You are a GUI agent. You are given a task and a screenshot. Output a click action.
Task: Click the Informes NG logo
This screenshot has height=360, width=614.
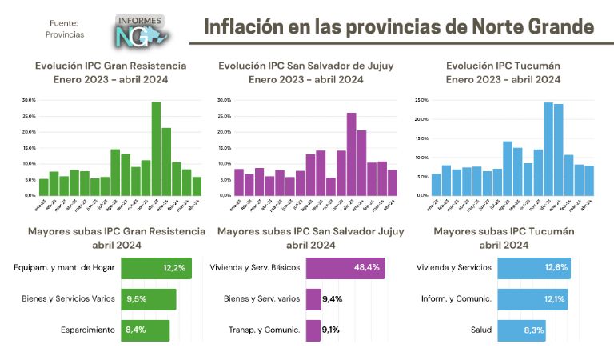141,30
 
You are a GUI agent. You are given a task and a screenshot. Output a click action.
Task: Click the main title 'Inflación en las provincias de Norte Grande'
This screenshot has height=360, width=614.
399,27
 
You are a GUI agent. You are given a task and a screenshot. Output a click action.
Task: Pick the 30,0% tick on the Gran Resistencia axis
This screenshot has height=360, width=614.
29,100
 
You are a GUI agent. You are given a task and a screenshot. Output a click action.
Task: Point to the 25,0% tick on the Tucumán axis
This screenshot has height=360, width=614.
421,100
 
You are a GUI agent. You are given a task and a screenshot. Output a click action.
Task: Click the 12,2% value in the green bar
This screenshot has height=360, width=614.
174,268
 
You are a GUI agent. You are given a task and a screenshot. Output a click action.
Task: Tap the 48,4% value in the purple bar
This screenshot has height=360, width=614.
366,268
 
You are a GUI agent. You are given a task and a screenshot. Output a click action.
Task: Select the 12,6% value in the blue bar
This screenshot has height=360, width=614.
557,268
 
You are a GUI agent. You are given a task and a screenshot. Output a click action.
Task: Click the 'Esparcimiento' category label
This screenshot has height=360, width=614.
88,330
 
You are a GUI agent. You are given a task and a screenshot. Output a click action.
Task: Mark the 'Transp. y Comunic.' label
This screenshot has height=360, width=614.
264,330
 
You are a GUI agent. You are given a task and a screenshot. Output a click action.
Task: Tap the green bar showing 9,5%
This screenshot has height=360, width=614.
149,299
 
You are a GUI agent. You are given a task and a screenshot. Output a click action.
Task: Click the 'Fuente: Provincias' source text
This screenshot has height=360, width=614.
65,30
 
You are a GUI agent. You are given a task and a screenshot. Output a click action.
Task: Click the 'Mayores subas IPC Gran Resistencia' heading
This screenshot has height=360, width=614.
107,238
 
